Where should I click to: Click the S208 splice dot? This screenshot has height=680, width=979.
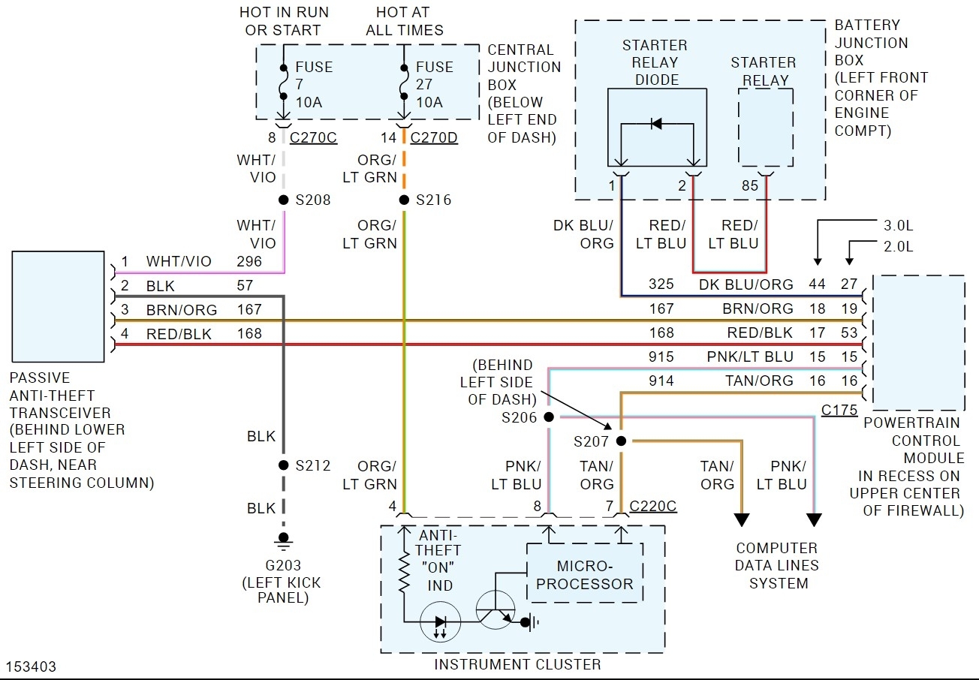click(284, 200)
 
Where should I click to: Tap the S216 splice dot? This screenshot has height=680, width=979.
click(404, 200)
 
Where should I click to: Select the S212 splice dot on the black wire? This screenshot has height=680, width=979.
click(284, 465)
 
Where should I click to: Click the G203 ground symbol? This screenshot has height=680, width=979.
click(284, 539)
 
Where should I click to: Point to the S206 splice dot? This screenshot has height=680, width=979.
click(549, 417)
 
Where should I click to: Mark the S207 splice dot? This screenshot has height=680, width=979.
click(622, 441)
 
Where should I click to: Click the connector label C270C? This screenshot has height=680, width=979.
click(312, 138)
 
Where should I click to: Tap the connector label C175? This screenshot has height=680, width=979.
click(839, 411)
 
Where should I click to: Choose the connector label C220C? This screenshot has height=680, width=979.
click(653, 507)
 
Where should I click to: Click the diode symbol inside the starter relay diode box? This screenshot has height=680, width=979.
click(656, 123)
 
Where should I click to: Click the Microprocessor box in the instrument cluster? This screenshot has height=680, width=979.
click(585, 574)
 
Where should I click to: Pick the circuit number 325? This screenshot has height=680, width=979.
click(661, 284)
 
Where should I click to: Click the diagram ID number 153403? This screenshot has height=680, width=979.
click(31, 666)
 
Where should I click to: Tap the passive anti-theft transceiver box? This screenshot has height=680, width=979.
click(58, 306)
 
